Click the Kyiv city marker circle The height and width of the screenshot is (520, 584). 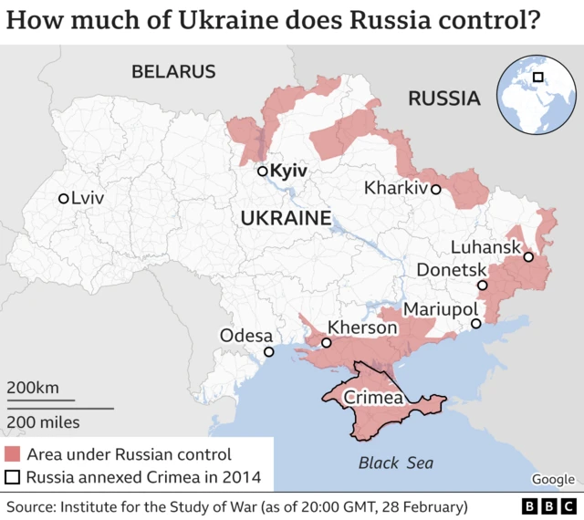pos(262,171)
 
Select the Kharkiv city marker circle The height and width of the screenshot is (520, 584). pos(436,190)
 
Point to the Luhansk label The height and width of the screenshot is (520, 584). pos(485,247)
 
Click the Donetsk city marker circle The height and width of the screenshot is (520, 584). pos(483,286)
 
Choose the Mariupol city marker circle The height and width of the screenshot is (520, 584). pos(475,324)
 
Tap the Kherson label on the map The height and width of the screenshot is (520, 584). pos(362,327)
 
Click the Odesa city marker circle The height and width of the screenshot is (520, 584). pos(268,352)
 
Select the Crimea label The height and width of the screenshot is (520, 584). pos(373,399)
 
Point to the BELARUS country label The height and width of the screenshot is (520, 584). pos(173,71)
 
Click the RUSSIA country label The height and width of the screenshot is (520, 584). pos(443,99)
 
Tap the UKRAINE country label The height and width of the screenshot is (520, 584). pos(285,218)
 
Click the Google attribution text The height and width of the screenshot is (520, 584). pos(553,480)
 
